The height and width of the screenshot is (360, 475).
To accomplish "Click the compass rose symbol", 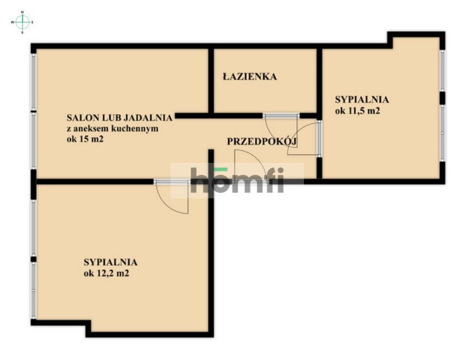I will [22, 22].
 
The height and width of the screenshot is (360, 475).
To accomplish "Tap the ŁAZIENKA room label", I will [249, 77].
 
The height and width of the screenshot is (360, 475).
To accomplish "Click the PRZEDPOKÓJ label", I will [261, 141].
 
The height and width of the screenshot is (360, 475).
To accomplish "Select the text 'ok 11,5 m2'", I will [357, 111].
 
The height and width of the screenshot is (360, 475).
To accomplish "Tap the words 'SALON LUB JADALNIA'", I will [120, 117].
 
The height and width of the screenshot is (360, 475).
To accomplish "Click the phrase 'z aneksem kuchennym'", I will [112, 128].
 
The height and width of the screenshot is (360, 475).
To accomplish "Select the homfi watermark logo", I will [237, 180].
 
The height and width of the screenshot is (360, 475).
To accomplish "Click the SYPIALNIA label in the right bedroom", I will [361, 99].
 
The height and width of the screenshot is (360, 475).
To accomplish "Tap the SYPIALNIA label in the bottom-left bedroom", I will [110, 262].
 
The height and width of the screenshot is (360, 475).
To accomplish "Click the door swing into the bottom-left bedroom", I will [174, 197].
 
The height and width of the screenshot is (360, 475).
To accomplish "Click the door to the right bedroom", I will [308, 139].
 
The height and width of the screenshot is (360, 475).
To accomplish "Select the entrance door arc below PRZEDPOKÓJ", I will [249, 164].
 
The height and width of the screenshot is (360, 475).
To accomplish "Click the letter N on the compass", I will [22, 11].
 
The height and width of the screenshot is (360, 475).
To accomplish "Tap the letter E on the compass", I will [33, 22].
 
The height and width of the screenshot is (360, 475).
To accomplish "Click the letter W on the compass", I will [12, 22].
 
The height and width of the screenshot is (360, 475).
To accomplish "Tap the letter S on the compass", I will [22, 32].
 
